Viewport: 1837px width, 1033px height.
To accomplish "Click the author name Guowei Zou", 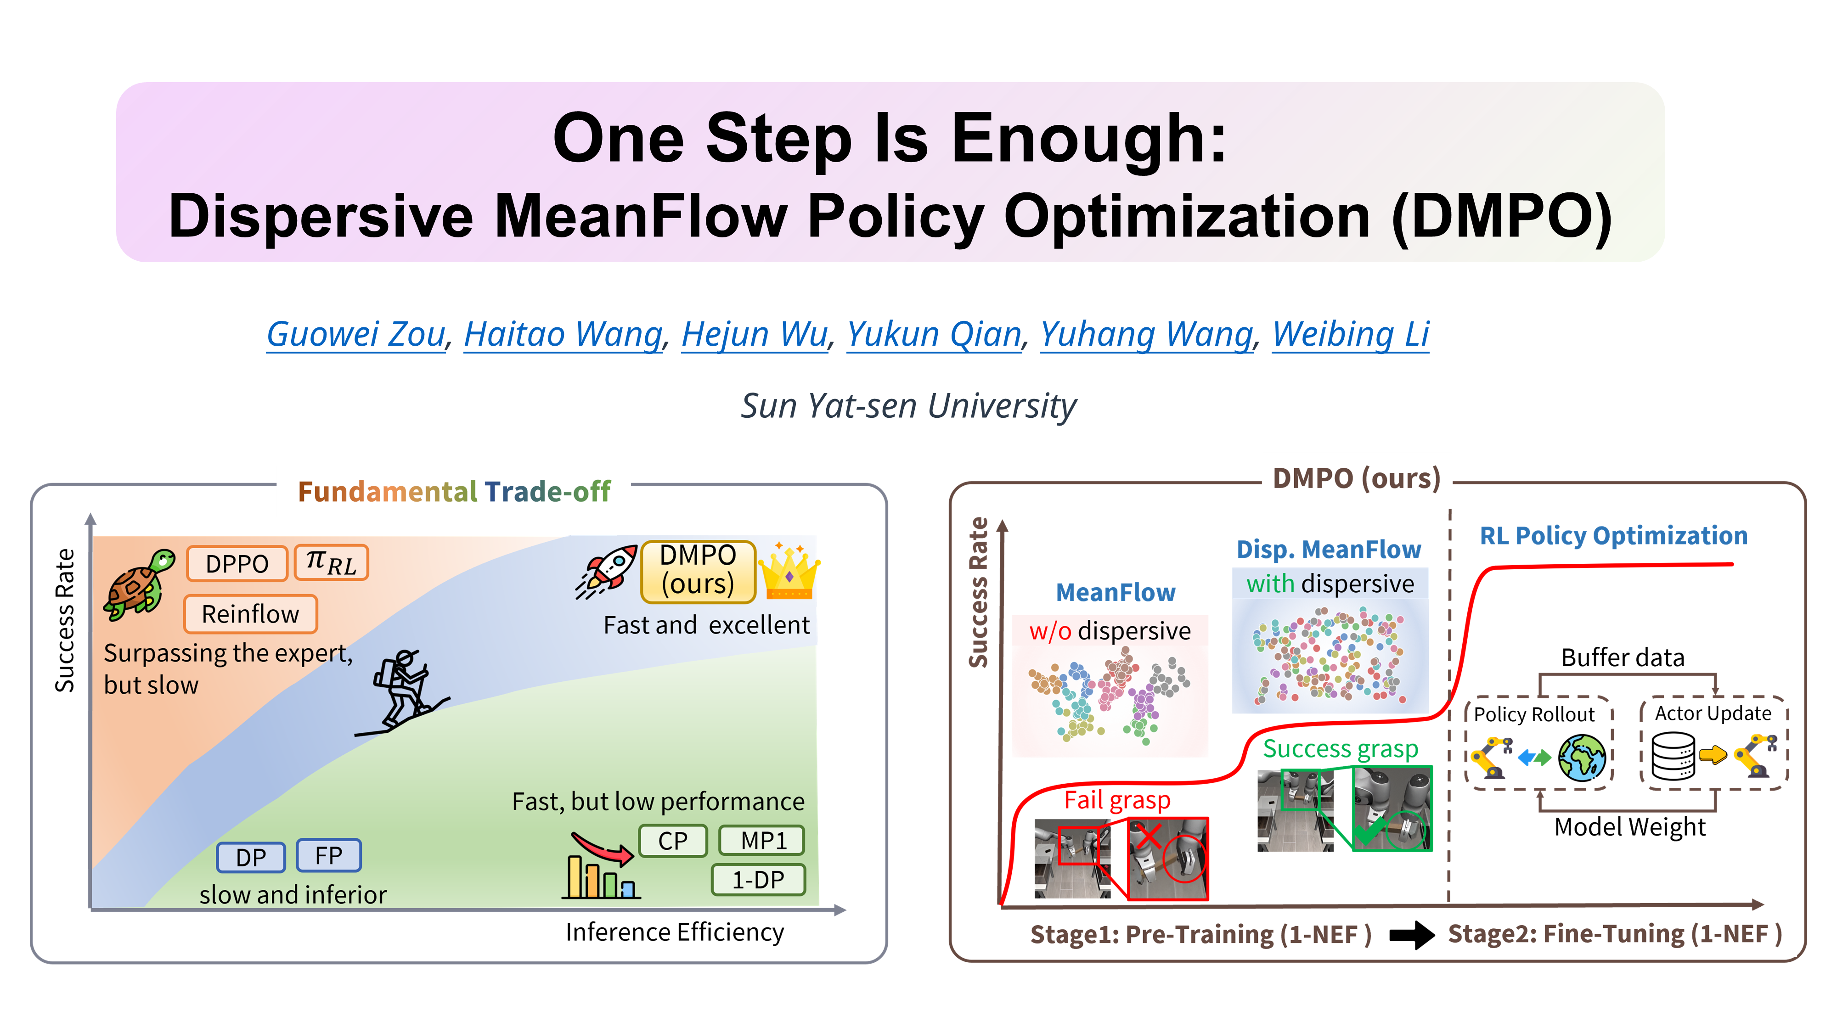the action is click(x=356, y=334).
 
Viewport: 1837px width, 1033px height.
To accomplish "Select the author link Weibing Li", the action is click(x=1351, y=334).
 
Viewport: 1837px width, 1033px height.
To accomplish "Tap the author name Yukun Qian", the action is click(x=934, y=334).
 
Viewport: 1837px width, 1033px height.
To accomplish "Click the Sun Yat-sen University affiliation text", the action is click(x=908, y=406).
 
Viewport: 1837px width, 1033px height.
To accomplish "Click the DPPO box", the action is click(x=237, y=563).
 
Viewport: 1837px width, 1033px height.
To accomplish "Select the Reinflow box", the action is click(x=250, y=614).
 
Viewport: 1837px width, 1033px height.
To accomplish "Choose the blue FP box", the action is click(x=329, y=855).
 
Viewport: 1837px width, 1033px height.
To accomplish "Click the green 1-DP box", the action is click(x=758, y=880).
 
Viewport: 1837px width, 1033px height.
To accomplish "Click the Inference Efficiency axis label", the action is click(x=675, y=932).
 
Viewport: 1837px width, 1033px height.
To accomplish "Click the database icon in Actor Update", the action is click(x=1673, y=757).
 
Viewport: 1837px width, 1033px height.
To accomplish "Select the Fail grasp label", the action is click(x=1117, y=800).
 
